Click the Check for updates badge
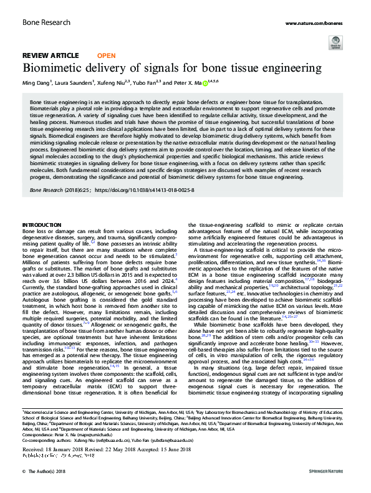coord(335,42)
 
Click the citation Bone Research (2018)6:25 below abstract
coord(59,188)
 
